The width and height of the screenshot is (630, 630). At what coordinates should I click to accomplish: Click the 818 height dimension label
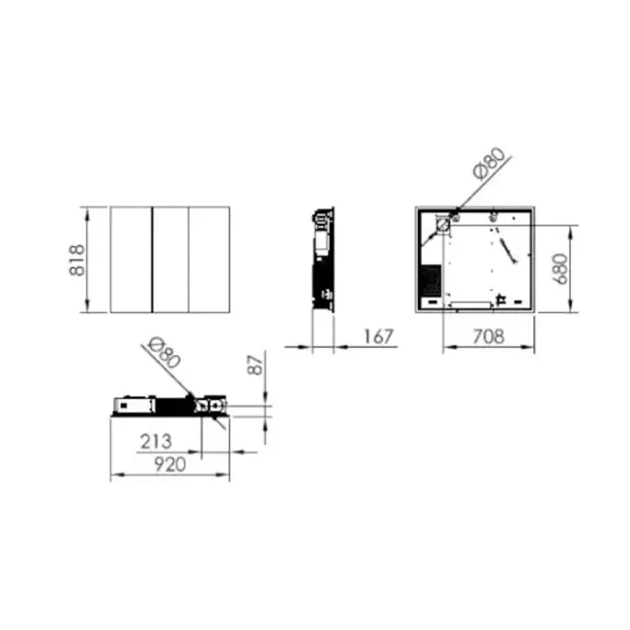coord(76,260)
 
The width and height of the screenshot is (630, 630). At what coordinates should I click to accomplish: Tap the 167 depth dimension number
coord(378,337)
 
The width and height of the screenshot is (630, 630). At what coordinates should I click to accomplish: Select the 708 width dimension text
coord(488,337)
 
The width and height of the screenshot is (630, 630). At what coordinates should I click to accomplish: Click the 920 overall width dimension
coord(169,465)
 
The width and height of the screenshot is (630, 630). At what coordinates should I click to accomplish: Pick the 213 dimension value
coord(156,442)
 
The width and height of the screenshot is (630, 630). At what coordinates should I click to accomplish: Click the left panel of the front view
coord(131,260)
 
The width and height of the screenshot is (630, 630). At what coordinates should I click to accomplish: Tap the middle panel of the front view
coord(170,260)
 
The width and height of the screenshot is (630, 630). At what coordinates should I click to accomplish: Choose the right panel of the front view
coord(209,260)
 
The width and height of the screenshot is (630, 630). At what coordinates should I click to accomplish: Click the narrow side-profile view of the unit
coord(324,260)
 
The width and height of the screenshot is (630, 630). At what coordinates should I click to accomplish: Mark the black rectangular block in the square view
coord(429,280)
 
